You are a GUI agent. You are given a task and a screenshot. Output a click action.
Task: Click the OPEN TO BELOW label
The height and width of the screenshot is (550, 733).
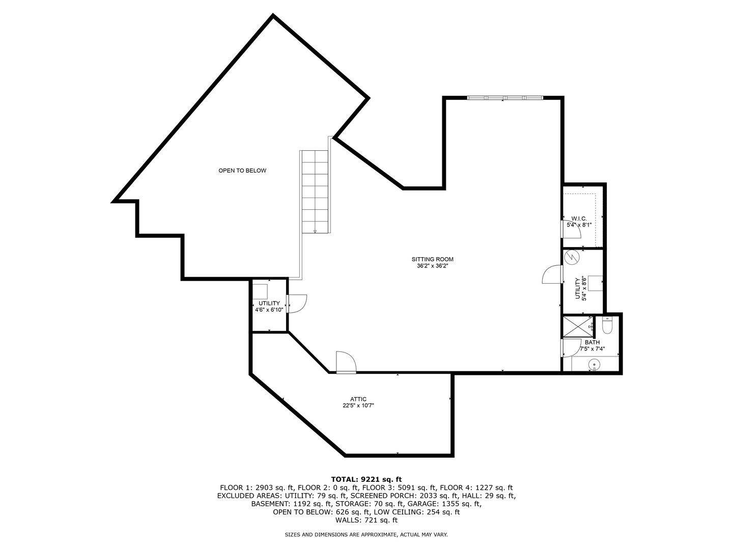coord(242,171)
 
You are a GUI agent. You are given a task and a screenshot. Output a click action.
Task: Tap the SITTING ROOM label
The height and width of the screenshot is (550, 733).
coord(432,259)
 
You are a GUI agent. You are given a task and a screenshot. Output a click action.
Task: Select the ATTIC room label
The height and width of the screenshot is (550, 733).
coord(358,399)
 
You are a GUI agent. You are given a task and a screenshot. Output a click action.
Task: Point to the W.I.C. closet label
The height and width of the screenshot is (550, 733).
coord(579,219)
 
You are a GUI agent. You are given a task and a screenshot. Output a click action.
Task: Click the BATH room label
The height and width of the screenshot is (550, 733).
coord(592,342)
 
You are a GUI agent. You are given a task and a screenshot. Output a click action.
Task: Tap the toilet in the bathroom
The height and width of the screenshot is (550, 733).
coord(607,325)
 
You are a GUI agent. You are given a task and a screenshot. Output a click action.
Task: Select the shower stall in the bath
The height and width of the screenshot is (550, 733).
coord(578,325)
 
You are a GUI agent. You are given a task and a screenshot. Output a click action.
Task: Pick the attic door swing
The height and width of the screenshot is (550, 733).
coord(346,362)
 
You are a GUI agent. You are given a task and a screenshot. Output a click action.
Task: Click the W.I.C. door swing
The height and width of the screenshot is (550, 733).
coord(571,229)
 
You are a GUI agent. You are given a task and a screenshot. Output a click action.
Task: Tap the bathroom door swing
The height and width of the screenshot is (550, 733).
coord(571,348)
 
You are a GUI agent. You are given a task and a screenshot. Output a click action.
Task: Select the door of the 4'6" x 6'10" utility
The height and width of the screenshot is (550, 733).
coord(297,304)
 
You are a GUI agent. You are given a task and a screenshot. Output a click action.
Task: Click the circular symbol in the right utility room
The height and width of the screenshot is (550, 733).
coord(572,258)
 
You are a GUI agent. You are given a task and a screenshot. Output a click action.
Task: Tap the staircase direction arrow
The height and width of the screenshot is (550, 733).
coord(315,231)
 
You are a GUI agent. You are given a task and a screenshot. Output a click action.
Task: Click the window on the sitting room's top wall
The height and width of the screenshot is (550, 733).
coord(505,98)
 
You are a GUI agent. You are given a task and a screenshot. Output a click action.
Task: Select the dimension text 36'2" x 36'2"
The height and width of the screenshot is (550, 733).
coord(432,266)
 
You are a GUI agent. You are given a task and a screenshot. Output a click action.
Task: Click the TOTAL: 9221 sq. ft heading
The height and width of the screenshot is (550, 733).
coord(366,480)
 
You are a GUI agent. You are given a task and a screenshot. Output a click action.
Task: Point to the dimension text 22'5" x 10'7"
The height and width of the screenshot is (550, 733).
coord(358,406)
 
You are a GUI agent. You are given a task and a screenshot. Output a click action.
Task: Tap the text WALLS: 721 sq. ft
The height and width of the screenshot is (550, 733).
coord(366,520)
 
